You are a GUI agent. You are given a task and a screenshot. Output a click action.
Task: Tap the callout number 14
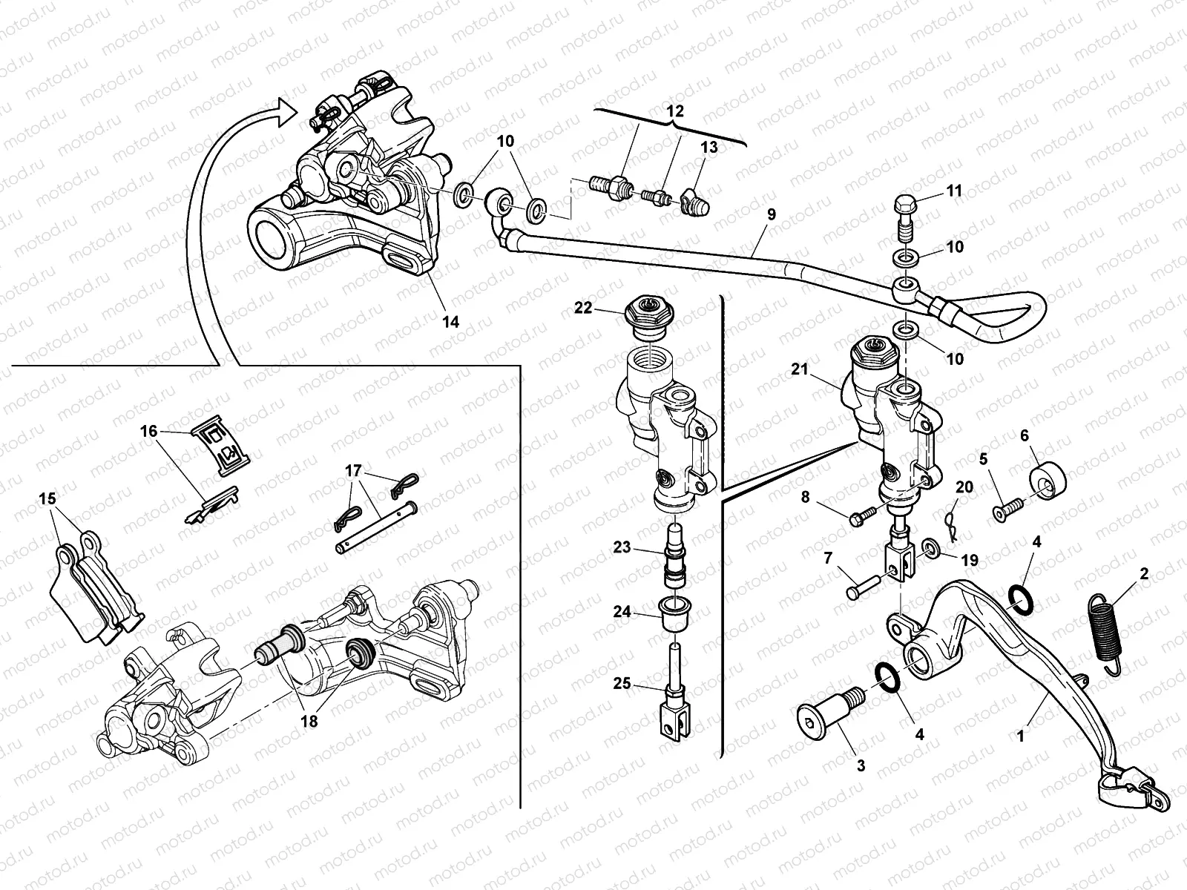click(x=450, y=321)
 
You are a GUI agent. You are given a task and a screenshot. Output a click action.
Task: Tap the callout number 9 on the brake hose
click(x=771, y=214)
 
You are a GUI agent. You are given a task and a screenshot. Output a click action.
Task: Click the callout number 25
click(x=622, y=683)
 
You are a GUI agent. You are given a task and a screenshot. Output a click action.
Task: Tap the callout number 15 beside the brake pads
click(x=47, y=499)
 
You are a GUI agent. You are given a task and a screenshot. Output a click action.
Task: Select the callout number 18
click(x=309, y=720)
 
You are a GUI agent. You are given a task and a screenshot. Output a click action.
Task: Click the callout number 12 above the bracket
click(x=675, y=110)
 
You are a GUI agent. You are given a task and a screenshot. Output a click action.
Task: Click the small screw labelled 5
click(x=1010, y=510)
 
